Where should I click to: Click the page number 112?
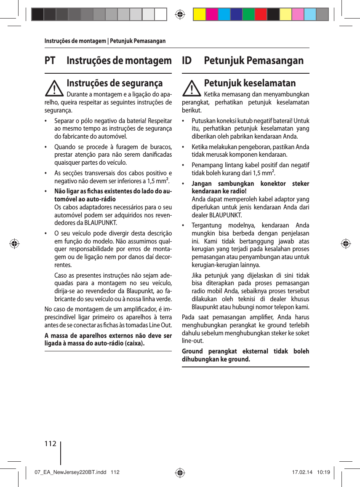(x=50, y=443)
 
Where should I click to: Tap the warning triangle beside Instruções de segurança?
(x=55, y=88)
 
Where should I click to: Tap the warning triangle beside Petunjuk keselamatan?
(x=192, y=88)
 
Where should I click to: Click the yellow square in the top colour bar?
(x=199, y=14)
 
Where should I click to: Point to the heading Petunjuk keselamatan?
(x=250, y=83)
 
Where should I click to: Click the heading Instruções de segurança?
(x=115, y=83)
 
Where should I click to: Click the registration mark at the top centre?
(x=180, y=14)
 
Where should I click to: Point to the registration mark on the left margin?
(x=14, y=243)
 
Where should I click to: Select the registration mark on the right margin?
(x=346, y=243)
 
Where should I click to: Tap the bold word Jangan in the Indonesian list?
(x=202, y=184)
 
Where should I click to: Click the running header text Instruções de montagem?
(x=75, y=41)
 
